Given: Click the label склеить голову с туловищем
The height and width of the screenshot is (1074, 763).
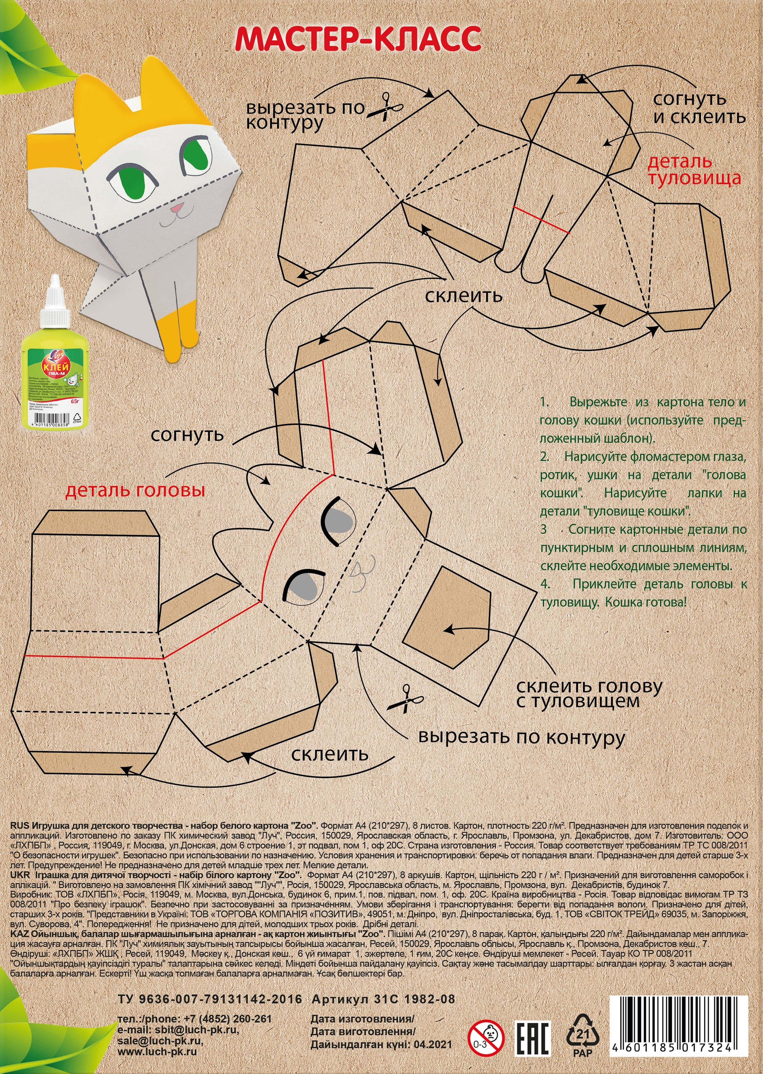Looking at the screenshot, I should click(589, 693).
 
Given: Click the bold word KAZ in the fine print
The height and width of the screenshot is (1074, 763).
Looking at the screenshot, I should click(20, 933).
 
